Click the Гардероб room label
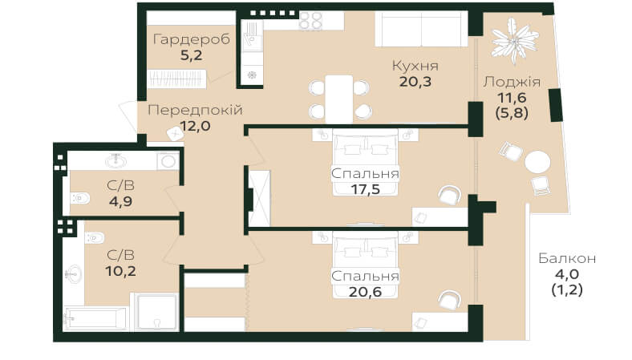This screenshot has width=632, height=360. point(192,39)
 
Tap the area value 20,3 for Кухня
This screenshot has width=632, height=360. point(415,82)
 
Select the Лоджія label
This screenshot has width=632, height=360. point(512,82)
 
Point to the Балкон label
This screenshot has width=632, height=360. point(567,258)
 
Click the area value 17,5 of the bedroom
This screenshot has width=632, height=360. point(365,189)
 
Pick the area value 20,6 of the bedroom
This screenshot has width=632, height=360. point(365,292)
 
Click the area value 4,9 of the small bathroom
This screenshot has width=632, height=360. point(120,201)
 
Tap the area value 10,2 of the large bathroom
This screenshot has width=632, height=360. point(120,271)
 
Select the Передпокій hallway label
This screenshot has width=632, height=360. point(195,110)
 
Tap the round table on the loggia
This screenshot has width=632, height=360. point(537,163)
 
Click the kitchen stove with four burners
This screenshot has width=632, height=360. point(310,20)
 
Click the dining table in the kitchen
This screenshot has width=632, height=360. point(339,99)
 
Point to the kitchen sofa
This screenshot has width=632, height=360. point(421,29)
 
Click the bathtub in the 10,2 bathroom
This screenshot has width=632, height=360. point(96,319)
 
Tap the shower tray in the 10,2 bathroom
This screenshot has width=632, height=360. point(156,312)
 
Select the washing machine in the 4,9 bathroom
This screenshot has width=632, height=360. point(168,161)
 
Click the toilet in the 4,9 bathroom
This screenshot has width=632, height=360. point(80,198)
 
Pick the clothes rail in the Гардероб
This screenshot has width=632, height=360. point(176,79)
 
